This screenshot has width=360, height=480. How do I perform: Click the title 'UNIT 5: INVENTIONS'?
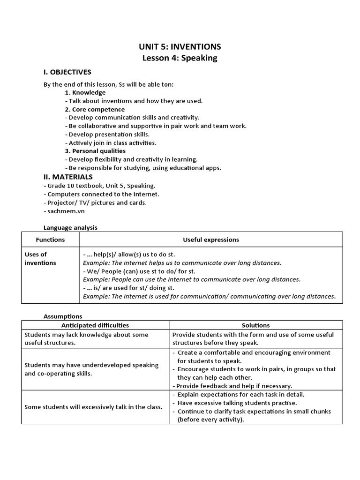(x=180, y=46)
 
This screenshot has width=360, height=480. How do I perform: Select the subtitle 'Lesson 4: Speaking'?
(x=180, y=58)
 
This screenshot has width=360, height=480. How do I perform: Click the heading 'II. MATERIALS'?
(x=68, y=177)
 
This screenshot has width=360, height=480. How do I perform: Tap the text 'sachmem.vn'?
(x=63, y=211)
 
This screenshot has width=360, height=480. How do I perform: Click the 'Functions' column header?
(x=50, y=240)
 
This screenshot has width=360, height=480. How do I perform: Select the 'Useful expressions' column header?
(x=210, y=240)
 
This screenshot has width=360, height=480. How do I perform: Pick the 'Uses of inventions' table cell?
(x=40, y=259)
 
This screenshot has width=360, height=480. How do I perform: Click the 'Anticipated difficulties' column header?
(x=95, y=325)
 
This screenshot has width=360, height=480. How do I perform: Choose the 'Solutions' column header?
(x=255, y=325)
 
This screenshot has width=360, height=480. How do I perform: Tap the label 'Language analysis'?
(x=70, y=227)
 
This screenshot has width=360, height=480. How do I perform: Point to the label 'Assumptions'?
(x=63, y=316)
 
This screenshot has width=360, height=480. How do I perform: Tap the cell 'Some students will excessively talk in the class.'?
(x=93, y=407)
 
